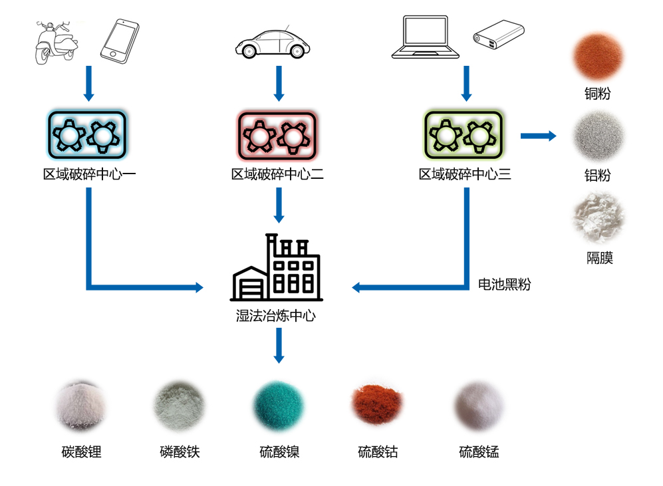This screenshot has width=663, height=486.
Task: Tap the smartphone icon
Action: click(120, 42)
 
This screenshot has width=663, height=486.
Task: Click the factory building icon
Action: click(276, 268)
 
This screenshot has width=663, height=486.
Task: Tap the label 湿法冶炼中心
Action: click(276, 315)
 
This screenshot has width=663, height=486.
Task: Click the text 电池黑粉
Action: click(505, 285)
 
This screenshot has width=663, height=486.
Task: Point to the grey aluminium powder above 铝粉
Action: click(598, 136)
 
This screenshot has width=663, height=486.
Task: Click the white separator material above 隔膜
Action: click(598, 216)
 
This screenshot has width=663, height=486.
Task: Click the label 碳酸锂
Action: click(81, 453)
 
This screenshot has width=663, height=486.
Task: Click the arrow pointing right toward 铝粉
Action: click(538, 136)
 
